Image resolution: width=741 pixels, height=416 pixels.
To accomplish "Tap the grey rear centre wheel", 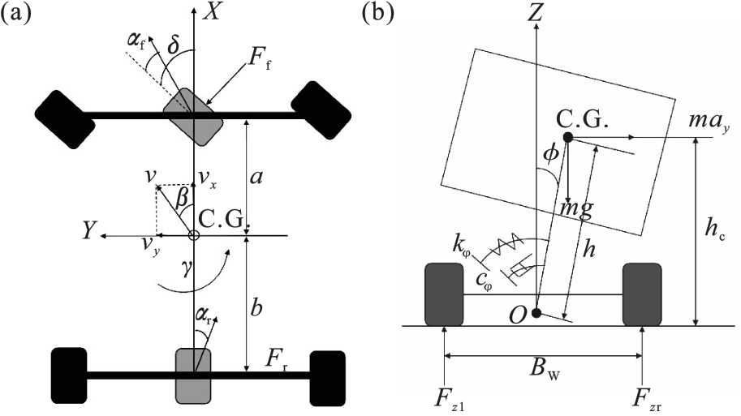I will (x=193, y=375).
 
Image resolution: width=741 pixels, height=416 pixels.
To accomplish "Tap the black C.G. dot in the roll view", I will (x=568, y=138).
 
